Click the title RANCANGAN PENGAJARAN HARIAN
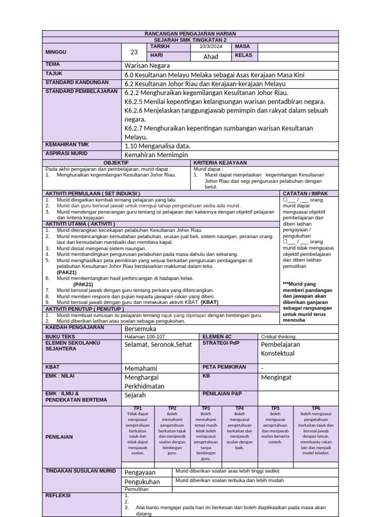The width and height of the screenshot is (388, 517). pos(190,33)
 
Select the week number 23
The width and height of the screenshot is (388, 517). pos(134,51)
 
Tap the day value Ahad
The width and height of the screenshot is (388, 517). pos(210,57)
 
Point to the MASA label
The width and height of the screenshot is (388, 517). pos(243,46)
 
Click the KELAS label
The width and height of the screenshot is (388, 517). pos(244,56)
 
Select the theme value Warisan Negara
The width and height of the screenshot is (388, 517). pos(147,66)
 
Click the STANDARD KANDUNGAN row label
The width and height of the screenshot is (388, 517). pos(77,82)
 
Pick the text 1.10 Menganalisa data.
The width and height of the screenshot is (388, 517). pos(157,145)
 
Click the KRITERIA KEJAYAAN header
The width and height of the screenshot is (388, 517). pos(220,163)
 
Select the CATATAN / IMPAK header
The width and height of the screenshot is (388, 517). pos(306,193)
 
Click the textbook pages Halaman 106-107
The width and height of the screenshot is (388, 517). pos(144,336)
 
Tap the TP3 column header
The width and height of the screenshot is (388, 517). pos(206,408)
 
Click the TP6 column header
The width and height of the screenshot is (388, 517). pos(316,408)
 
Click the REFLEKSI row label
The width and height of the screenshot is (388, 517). pos(59,496)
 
